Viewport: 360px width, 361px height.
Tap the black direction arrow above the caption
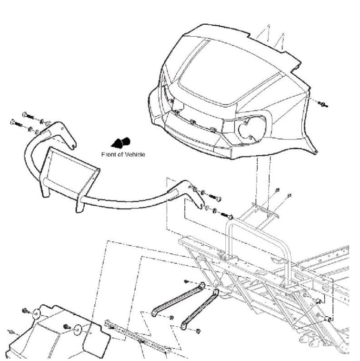coord(121,142)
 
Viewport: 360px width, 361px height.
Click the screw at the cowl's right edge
coord(323,104)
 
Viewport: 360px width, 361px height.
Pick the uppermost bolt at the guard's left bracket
coord(28,116)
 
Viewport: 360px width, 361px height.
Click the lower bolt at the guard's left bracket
coord(17,123)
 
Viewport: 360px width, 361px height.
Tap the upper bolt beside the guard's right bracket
coord(215,197)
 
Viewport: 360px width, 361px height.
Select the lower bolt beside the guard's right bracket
coord(227,216)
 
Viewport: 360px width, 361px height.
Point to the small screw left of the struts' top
coord(187,281)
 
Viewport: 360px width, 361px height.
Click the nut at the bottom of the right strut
coord(198,331)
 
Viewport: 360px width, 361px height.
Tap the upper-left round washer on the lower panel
coord(36,314)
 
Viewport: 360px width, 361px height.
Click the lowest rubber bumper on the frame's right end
coord(328,319)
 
